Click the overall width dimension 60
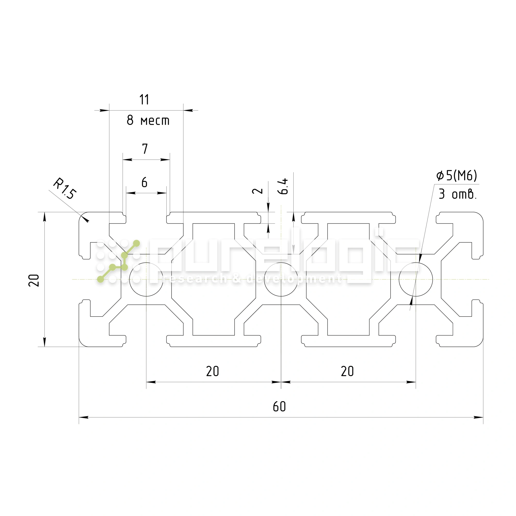tap(279, 407)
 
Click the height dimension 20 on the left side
tap(34, 280)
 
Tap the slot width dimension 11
tap(144, 100)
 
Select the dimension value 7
tap(145, 149)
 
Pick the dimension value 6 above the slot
tap(144, 182)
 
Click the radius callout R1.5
tap(65, 189)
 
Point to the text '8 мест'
tap(148, 120)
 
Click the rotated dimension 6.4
tap(283, 186)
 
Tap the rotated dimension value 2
tap(257, 191)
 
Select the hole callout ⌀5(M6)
tap(456, 175)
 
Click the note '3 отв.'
tap(457, 194)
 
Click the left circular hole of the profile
tap(146, 279)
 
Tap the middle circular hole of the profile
tap(281, 279)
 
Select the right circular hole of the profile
tap(416, 279)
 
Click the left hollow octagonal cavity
tap(214, 279)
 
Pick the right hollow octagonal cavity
tap(348, 279)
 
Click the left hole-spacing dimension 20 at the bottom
tap(213, 371)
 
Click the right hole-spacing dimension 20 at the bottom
tap(347, 371)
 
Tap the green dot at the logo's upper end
tap(136, 243)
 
